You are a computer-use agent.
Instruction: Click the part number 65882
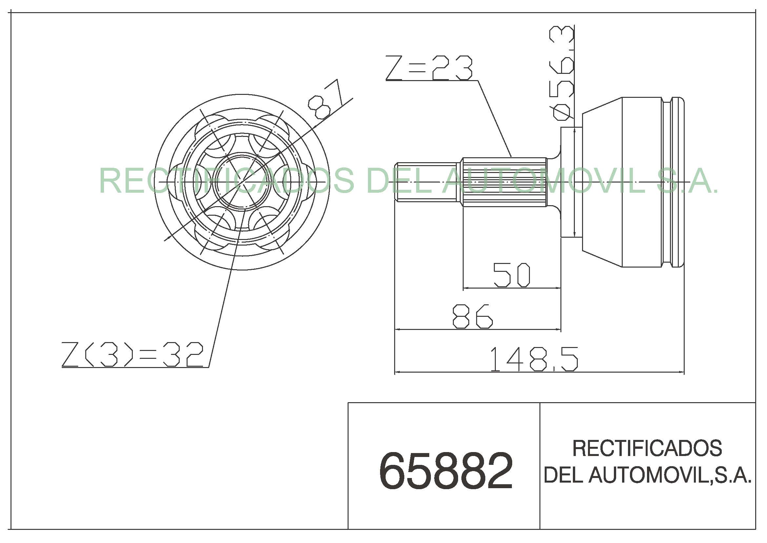pos(446,471)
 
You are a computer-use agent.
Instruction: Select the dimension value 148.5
pos(534,359)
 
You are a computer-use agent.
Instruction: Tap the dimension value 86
pos(472,316)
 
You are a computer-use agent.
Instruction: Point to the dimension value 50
pos(512,275)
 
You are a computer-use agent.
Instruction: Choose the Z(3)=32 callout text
pos(132,355)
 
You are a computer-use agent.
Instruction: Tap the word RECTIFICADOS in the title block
pos(647,448)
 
